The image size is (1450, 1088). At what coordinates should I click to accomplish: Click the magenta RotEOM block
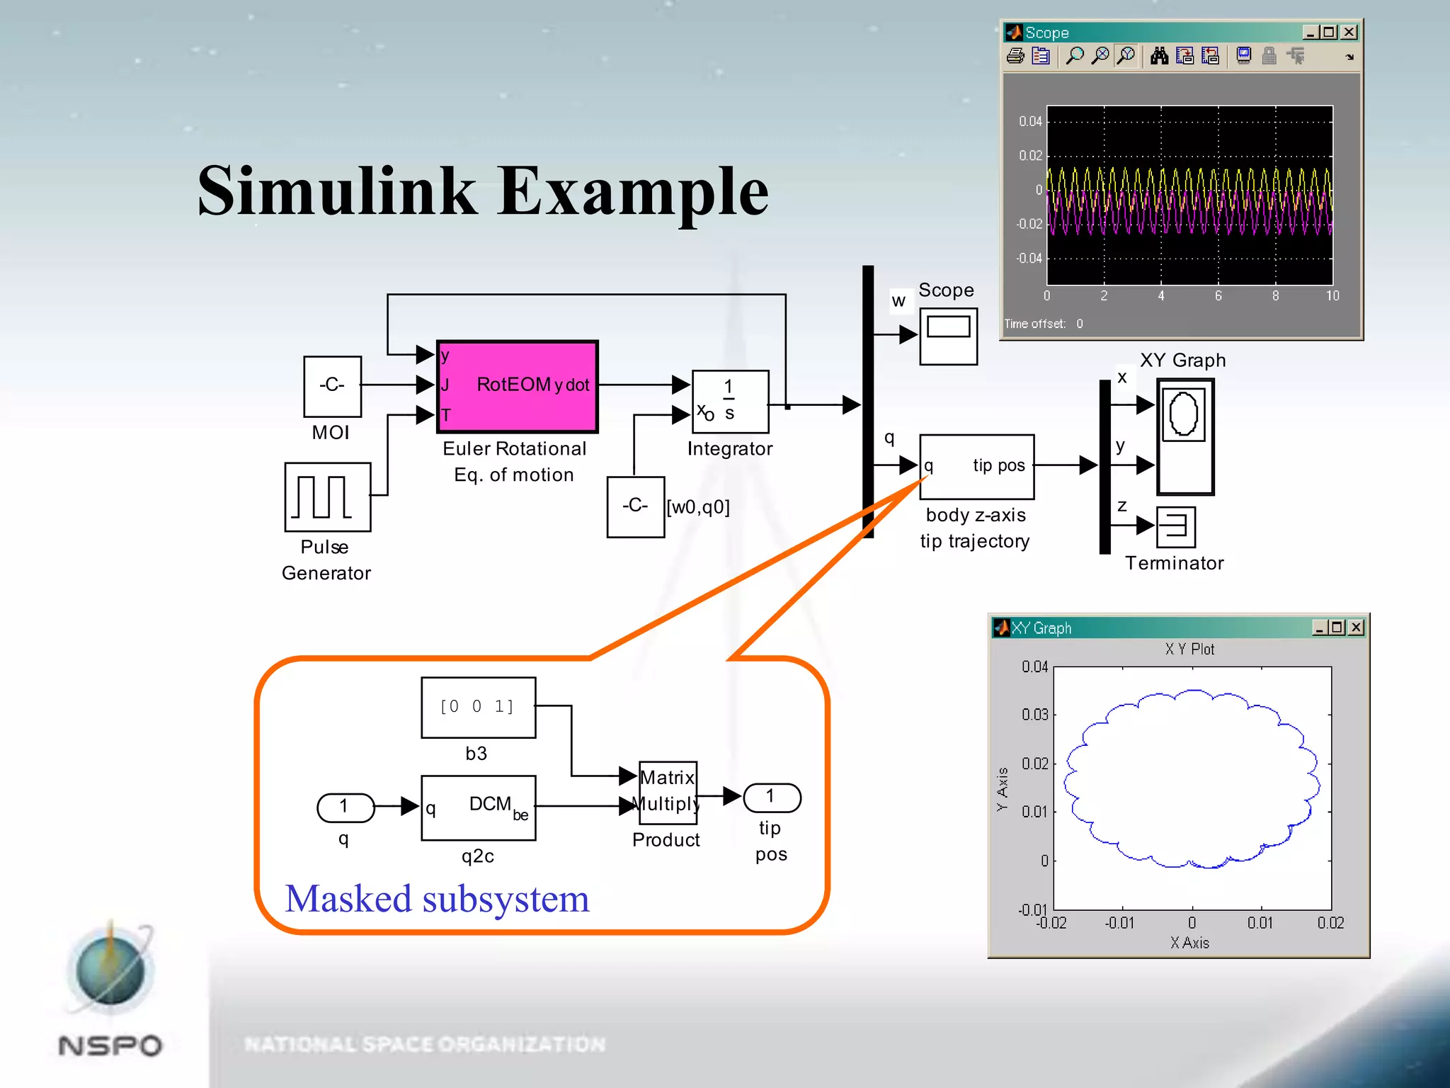tap(518, 387)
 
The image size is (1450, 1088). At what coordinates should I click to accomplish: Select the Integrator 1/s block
tap(730, 402)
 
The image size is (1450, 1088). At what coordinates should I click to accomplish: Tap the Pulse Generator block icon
tap(327, 497)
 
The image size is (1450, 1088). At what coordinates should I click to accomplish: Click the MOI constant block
tap(332, 387)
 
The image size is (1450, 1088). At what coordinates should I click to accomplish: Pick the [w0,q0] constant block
tap(635, 507)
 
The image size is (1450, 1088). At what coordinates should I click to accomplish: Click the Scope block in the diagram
tap(948, 336)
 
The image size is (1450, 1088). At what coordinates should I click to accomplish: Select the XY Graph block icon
tap(1185, 436)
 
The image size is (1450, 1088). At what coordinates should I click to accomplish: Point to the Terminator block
tap(1176, 527)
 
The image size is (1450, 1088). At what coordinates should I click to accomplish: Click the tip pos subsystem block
tap(977, 467)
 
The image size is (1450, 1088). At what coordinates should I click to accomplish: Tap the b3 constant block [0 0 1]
tap(478, 708)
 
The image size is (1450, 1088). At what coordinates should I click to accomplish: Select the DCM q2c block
tap(478, 808)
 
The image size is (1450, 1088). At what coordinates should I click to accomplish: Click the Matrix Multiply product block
tap(668, 793)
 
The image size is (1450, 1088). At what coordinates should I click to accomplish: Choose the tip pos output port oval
tap(772, 798)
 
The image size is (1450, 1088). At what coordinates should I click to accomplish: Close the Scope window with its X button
tap(1349, 33)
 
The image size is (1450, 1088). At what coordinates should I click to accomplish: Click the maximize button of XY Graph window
tap(1337, 628)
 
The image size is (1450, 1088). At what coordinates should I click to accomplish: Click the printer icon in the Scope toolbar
tap(1015, 56)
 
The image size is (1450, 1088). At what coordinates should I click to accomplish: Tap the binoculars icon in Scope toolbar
tap(1159, 56)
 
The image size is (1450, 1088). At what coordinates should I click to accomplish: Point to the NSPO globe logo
tap(110, 970)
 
